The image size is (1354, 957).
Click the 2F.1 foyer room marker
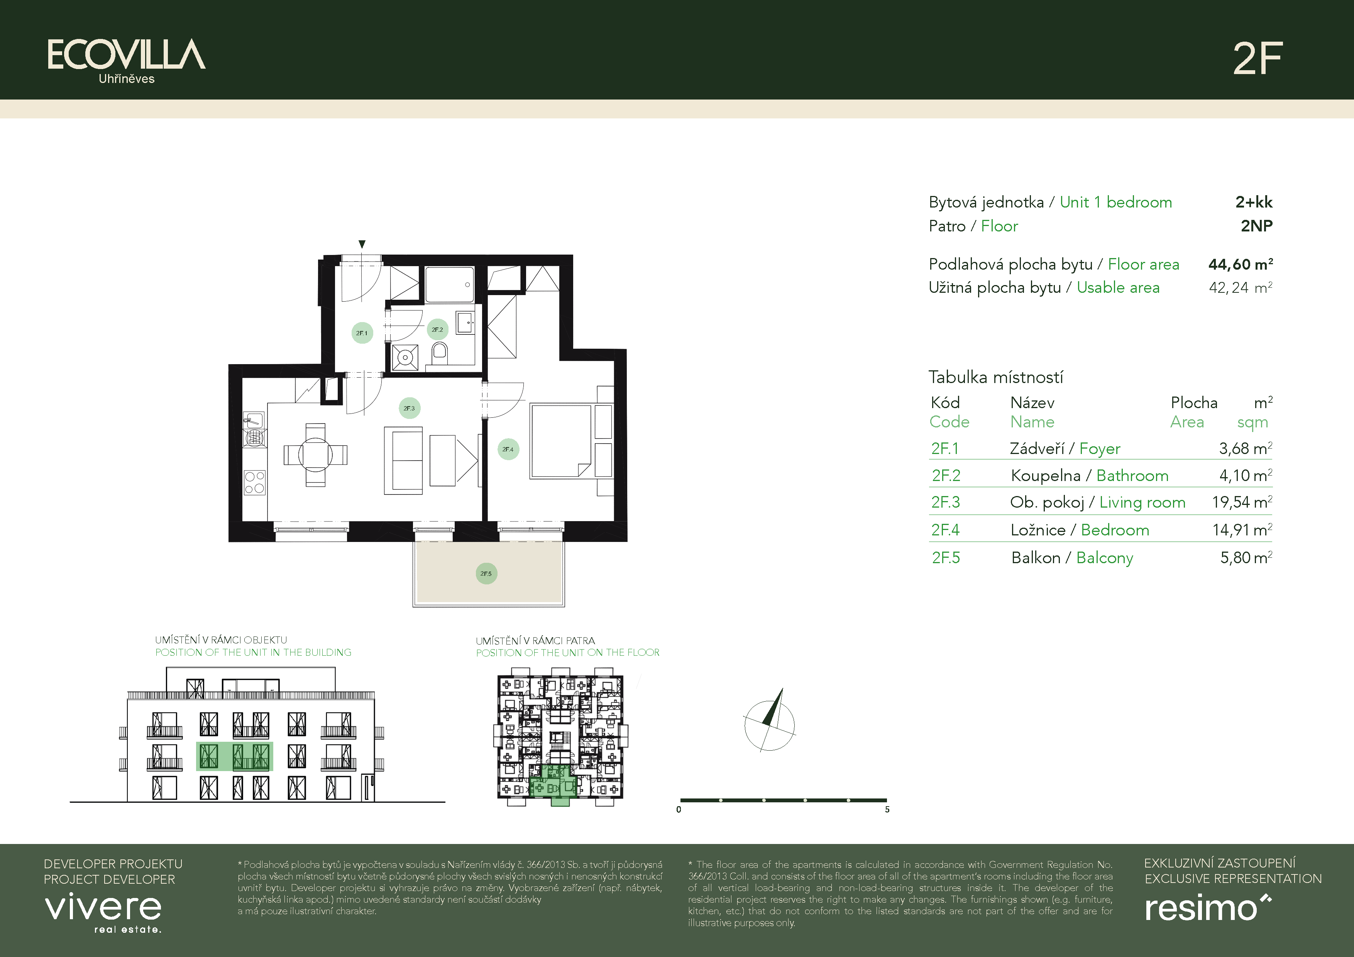tap(362, 333)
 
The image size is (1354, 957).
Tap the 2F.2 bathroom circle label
tap(437, 329)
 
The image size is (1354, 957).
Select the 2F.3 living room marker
tap(409, 408)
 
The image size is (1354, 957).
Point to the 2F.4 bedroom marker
tap(508, 449)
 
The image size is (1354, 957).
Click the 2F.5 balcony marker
tap(486, 573)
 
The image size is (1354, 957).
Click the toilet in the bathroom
tap(439, 354)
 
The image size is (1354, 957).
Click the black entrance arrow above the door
tap(362, 244)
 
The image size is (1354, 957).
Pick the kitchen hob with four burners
tap(255, 482)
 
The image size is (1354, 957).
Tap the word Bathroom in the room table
tap(1132, 476)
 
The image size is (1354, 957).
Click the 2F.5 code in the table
tap(946, 557)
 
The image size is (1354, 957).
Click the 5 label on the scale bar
tap(887, 810)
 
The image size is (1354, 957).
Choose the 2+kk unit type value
tap(1254, 202)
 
